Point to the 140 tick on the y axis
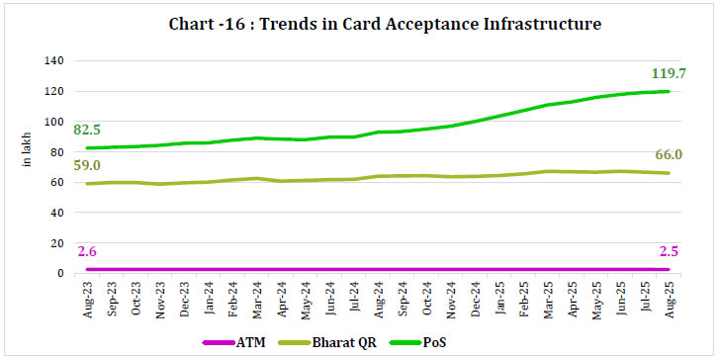(x=55, y=61)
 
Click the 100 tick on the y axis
(x=55, y=122)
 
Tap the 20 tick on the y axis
(x=58, y=243)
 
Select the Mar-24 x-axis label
(x=255, y=298)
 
